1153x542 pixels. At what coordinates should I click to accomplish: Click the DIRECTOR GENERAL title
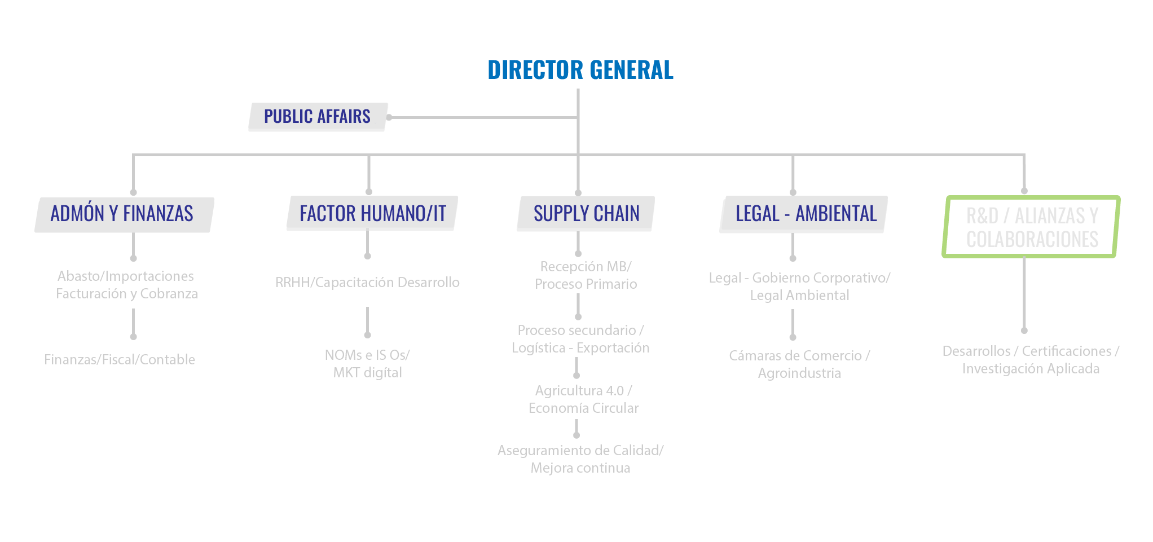580,70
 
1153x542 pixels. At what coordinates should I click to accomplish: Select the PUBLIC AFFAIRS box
318,117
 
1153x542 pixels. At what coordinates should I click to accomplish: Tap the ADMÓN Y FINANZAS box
122,214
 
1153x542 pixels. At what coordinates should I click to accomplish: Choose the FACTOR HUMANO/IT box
372,214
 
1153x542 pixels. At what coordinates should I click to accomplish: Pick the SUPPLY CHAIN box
586,214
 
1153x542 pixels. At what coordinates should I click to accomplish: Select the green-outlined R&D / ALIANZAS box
1031,227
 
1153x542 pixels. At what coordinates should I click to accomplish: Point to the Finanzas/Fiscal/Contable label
120,360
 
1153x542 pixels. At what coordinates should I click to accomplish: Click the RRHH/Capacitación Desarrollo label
367,283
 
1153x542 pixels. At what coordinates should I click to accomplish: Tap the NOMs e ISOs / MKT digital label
367,364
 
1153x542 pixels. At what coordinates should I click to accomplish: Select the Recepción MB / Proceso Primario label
586,275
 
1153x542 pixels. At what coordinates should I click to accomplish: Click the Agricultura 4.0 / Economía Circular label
583,399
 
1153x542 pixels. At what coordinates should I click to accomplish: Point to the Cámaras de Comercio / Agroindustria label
799,364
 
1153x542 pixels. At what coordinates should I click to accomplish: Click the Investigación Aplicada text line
1031,369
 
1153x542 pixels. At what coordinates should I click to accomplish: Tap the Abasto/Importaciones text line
126,276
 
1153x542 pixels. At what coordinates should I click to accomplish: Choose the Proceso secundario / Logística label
580,339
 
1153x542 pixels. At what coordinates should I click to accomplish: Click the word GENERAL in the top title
631,70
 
